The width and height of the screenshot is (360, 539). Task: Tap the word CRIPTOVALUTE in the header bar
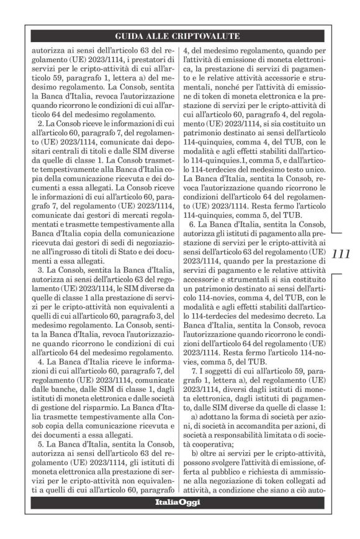coord(205,36)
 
